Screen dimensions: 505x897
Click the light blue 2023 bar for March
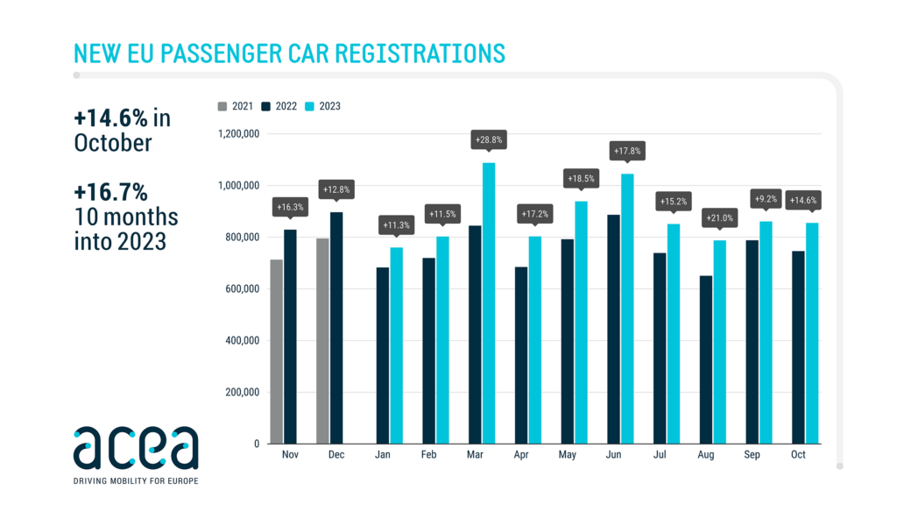(x=489, y=302)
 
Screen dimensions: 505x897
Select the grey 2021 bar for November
(x=277, y=351)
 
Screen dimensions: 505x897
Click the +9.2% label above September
(x=766, y=199)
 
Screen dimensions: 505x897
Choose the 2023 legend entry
(x=323, y=106)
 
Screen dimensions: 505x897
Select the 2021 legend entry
(x=236, y=106)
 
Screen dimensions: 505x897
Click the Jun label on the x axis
(x=613, y=456)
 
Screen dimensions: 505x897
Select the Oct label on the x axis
(x=798, y=456)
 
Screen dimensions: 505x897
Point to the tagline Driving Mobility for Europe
(x=135, y=481)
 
